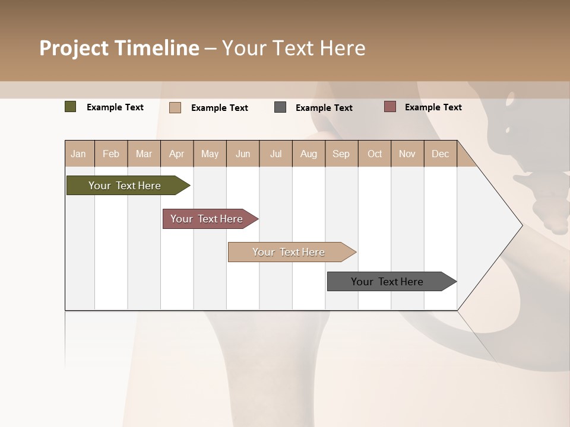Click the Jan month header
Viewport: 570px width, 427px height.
pos(78,154)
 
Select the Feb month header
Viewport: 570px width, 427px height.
pos(111,154)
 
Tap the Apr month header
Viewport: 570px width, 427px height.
pos(176,154)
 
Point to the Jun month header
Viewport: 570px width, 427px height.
pos(243,154)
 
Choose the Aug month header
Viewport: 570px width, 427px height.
pos(308,154)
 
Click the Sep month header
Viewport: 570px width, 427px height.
pos(341,154)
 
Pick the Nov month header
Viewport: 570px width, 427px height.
pos(407,154)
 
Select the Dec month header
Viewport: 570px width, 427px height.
pos(440,154)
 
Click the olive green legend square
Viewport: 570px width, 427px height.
pos(70,107)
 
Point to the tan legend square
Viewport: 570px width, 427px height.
pos(175,107)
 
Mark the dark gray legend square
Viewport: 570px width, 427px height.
pos(280,107)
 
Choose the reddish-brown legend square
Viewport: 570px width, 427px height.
pos(389,107)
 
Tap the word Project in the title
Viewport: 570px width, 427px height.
pos(74,48)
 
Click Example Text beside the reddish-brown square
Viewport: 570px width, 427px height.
pos(433,107)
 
